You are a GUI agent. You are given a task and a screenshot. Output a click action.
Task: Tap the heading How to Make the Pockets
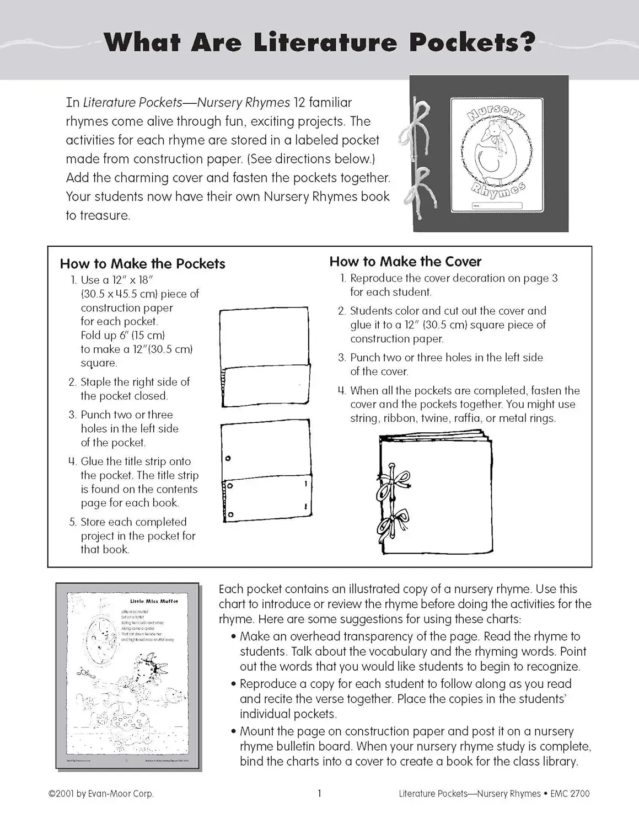pos(142,264)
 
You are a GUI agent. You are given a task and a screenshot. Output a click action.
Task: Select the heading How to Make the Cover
pos(405,262)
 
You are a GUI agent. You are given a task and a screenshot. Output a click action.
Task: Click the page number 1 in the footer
pos(319,793)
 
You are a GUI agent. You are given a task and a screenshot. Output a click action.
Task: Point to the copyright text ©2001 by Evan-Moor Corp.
pos(101,794)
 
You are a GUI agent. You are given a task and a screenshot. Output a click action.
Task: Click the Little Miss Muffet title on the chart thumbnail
pos(154,601)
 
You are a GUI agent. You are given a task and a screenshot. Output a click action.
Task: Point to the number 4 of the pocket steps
pos(72,462)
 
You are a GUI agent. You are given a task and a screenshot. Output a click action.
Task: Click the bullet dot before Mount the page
pos(234,732)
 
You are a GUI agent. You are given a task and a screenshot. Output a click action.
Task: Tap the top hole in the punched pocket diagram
pos(228,458)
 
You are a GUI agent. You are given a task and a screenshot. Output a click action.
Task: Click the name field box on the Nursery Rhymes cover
pos(496,205)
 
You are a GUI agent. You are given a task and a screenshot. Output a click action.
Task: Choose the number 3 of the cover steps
pos(342,358)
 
